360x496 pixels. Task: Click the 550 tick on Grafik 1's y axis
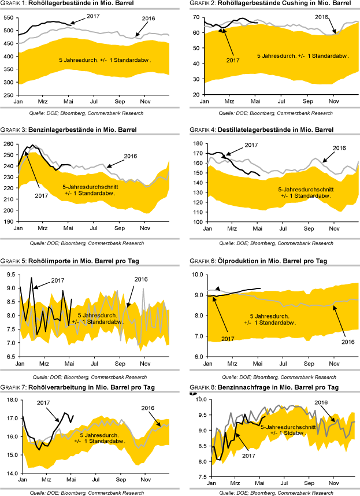pyautogui.click(x=10, y=17)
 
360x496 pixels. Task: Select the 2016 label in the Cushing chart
pyautogui.click(x=322, y=17)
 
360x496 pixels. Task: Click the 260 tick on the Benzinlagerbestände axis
pyautogui.click(x=10, y=144)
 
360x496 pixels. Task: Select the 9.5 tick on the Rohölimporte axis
pyautogui.click(x=10, y=272)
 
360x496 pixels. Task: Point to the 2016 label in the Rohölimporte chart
pyautogui.click(x=142, y=279)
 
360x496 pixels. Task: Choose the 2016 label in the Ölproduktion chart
pyautogui.click(x=347, y=342)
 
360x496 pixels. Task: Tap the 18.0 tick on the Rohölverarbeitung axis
pyautogui.click(x=9, y=399)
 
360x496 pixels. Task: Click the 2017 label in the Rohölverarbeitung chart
pyautogui.click(x=44, y=402)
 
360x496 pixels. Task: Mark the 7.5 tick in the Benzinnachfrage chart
pyautogui.click(x=194, y=478)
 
